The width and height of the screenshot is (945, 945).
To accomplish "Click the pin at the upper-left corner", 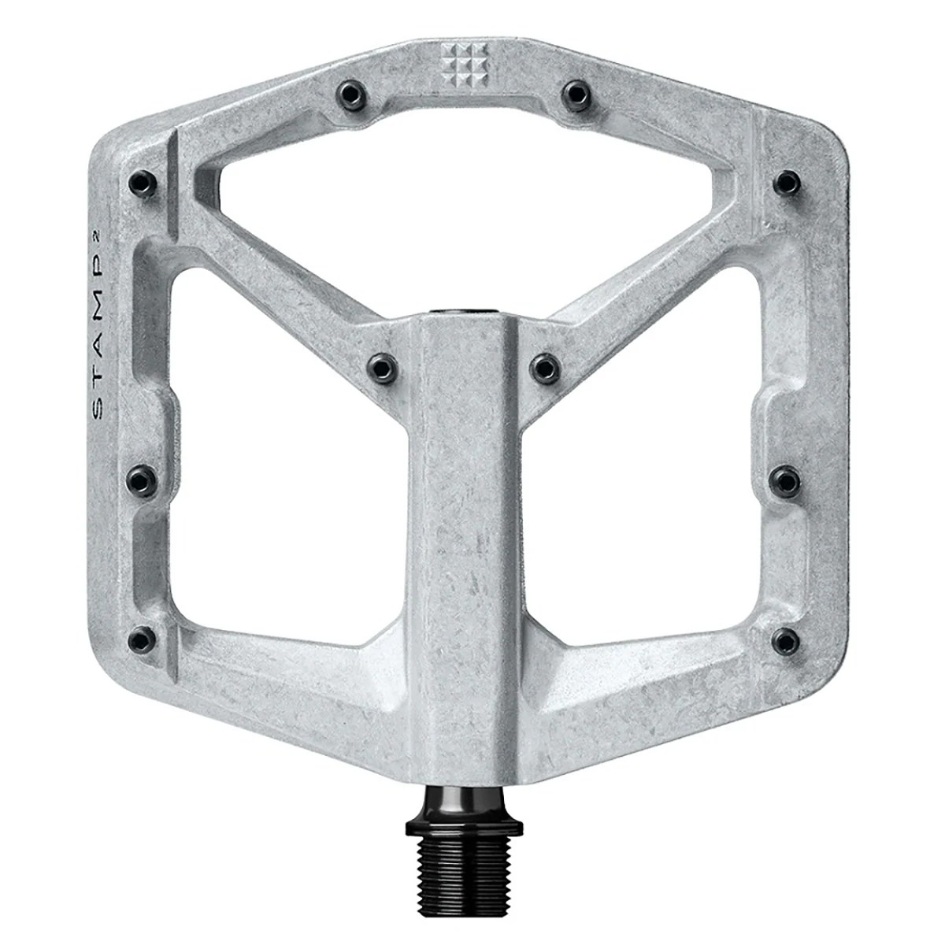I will click(x=140, y=183).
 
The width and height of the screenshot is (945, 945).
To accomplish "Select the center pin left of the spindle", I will click(x=380, y=364).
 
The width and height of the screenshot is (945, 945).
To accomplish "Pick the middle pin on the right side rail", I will click(x=784, y=476).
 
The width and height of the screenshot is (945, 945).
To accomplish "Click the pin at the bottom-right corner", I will click(x=784, y=635).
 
